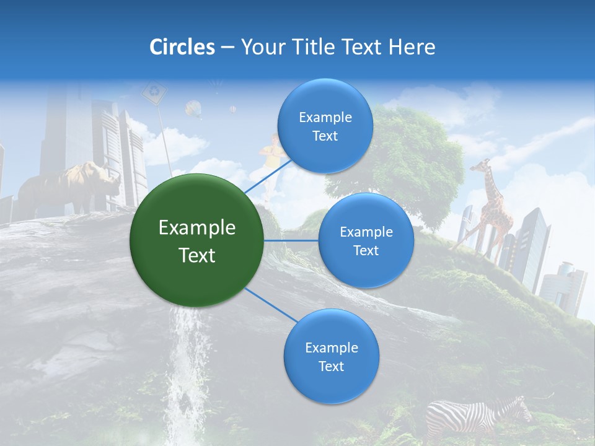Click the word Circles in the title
point(182,47)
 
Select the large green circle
point(197,240)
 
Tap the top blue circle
point(325,126)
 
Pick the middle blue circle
point(366,240)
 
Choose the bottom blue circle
point(331,356)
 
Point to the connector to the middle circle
point(291,240)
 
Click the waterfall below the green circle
point(186,365)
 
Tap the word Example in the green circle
point(197,228)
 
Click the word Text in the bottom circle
point(331,366)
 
